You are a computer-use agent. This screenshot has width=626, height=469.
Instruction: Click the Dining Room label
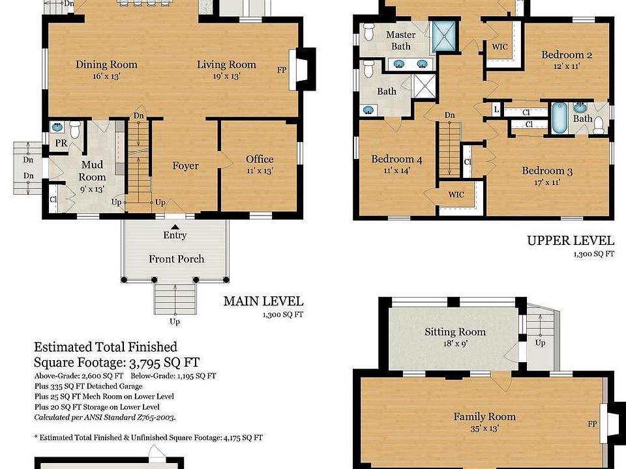pyautogui.click(x=106, y=64)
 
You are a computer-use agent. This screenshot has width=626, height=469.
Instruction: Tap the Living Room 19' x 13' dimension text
pyautogui.click(x=226, y=76)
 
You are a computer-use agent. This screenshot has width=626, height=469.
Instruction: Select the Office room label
pyautogui.click(x=260, y=159)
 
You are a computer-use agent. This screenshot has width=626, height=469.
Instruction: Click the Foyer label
pyautogui.click(x=186, y=165)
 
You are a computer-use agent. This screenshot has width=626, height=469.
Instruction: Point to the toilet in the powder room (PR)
pyautogui.click(x=74, y=129)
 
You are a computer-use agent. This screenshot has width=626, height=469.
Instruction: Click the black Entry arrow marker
pyautogui.click(x=175, y=227)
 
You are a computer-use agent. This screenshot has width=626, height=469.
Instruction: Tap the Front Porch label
pyautogui.click(x=177, y=259)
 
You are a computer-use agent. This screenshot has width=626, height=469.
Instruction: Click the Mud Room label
pyautogui.click(x=92, y=171)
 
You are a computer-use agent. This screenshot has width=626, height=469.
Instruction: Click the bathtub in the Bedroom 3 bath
pyautogui.click(x=559, y=118)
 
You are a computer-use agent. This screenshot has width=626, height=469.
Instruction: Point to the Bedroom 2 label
pyautogui.click(x=567, y=55)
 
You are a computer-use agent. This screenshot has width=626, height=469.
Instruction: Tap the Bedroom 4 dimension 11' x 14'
pyautogui.click(x=397, y=171)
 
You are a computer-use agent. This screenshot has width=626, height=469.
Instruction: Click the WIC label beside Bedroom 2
pyautogui.click(x=500, y=47)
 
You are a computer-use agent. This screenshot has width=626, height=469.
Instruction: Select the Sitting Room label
pyautogui.click(x=455, y=332)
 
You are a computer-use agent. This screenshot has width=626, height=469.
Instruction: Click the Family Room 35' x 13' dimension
pyautogui.click(x=484, y=429)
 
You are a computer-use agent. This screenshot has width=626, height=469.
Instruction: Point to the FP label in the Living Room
pyautogui.click(x=282, y=70)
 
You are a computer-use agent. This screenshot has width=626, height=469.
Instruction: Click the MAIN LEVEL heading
pyautogui.click(x=263, y=301)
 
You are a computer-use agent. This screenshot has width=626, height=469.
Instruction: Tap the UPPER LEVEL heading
pyautogui.click(x=571, y=240)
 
